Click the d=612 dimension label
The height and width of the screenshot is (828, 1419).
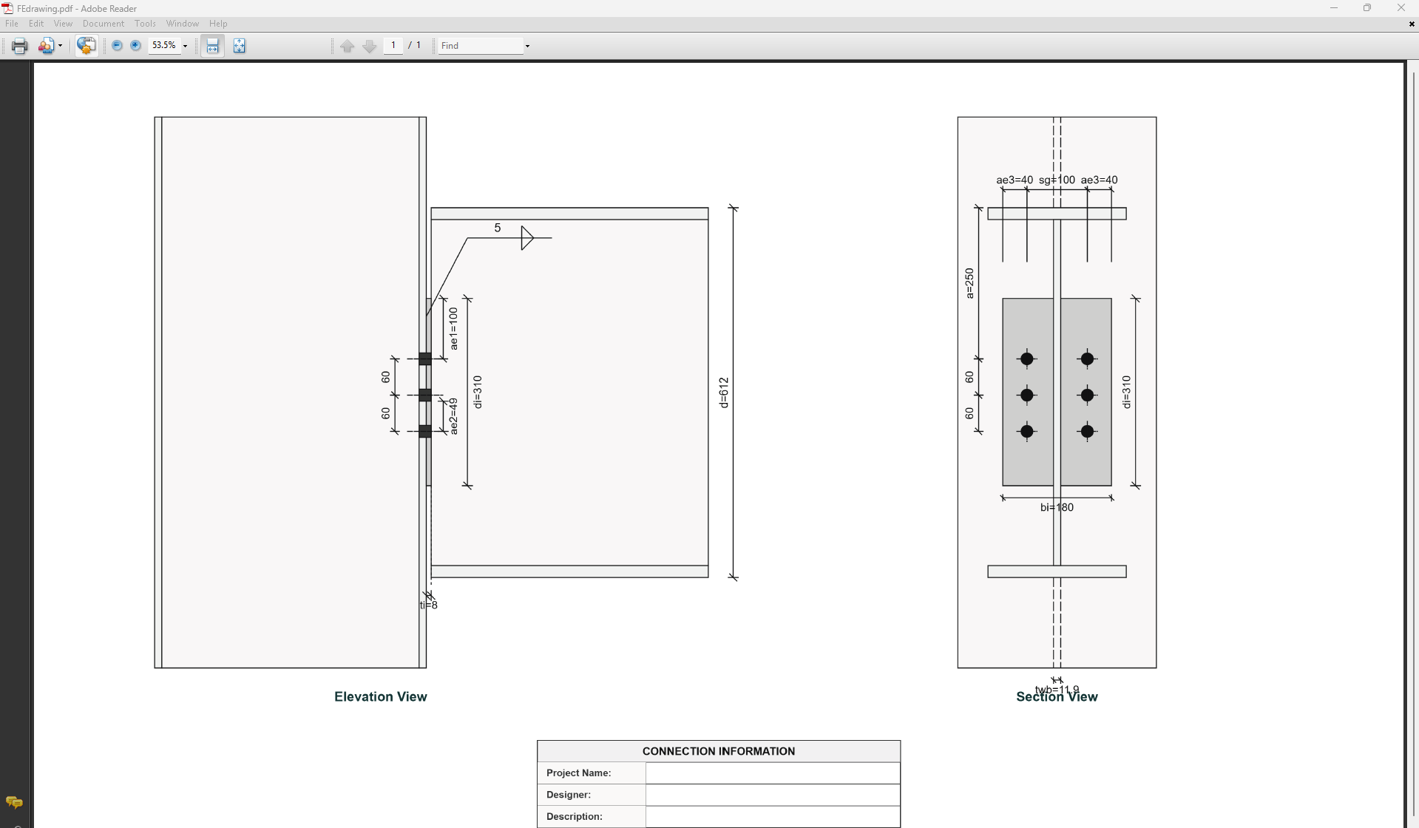point(724,393)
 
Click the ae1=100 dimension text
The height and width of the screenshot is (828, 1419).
point(453,329)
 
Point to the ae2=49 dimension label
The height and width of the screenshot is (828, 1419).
point(453,416)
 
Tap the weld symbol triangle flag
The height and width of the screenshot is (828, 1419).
point(526,237)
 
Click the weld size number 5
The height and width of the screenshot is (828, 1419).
point(498,228)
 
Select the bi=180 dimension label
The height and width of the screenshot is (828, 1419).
point(1057,507)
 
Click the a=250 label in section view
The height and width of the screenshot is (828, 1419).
point(969,283)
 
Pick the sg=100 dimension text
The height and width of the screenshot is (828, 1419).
point(1057,180)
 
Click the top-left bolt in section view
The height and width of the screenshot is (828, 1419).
point(1026,359)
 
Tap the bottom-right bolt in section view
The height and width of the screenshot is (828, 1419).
point(1087,431)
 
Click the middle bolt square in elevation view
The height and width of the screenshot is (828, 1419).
point(425,395)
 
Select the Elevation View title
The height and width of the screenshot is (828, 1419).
point(380,696)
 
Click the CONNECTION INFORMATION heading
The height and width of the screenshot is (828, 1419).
point(718,751)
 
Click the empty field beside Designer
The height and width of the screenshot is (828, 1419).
point(772,795)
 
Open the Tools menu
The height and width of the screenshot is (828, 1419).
point(145,24)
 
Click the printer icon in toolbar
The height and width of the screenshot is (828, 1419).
point(19,46)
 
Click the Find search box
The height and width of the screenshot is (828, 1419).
point(481,46)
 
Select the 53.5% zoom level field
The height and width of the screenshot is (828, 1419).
point(164,46)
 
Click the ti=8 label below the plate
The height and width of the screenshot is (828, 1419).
point(429,605)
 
